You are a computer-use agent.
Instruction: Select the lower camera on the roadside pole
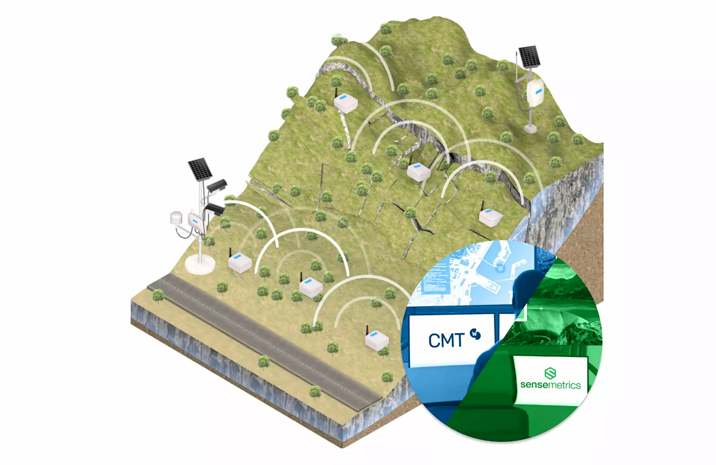[x=215, y=209]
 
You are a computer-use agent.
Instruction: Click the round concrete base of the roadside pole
[x=200, y=264]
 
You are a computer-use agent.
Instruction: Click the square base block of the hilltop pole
[x=529, y=127]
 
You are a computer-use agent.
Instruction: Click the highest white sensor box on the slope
[x=345, y=103]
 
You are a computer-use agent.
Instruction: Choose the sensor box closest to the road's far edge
[x=239, y=263]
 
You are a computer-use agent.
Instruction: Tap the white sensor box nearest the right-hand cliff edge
[x=490, y=217]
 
